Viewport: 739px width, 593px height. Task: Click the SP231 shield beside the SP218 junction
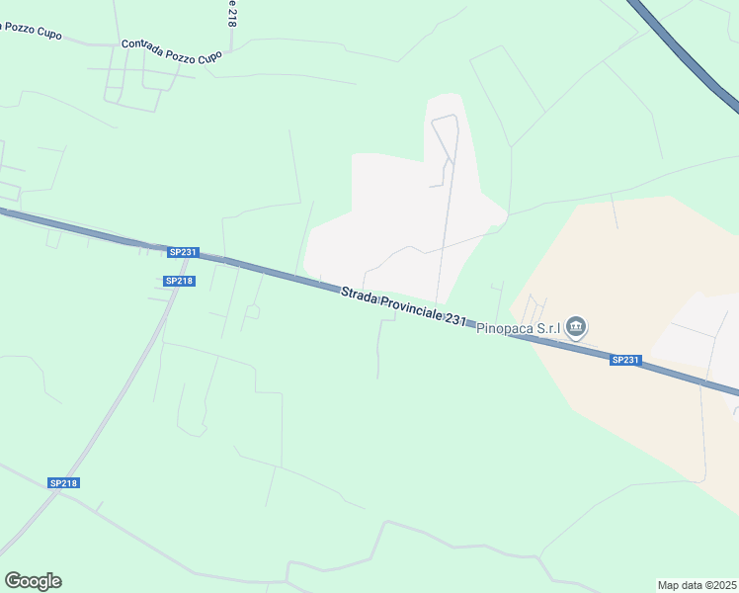click(x=184, y=252)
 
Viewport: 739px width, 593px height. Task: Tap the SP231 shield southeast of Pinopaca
click(x=625, y=360)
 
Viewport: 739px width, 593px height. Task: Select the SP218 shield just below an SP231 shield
click(x=180, y=281)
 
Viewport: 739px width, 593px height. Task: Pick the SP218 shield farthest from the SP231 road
click(x=63, y=482)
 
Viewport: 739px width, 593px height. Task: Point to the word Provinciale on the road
click(x=410, y=308)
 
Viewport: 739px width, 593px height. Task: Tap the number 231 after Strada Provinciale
click(x=455, y=319)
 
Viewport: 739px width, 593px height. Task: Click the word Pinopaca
click(x=505, y=329)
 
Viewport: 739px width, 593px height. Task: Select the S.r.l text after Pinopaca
click(x=550, y=328)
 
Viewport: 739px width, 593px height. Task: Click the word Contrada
click(x=142, y=46)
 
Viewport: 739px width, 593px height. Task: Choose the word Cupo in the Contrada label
click(x=209, y=58)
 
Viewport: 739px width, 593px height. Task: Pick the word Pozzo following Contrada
click(x=179, y=53)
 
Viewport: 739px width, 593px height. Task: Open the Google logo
click(x=33, y=581)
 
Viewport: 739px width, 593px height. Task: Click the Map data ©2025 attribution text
click(x=697, y=585)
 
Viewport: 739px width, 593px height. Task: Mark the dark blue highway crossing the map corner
click(x=692, y=54)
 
